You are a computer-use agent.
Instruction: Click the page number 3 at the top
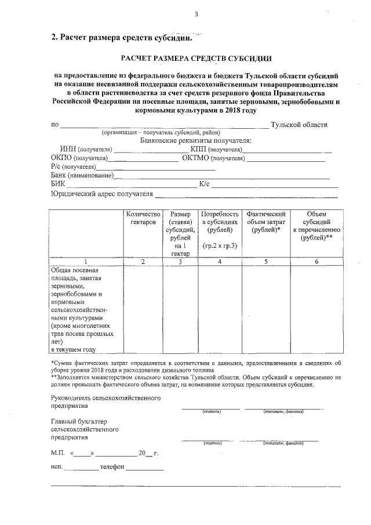(197, 14)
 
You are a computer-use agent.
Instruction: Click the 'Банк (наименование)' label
(82, 176)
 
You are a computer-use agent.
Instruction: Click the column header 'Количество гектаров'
(143, 218)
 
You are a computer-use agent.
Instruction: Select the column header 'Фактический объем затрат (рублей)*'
(267, 222)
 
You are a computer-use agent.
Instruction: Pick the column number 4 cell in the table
(220, 262)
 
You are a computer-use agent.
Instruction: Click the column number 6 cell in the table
(317, 262)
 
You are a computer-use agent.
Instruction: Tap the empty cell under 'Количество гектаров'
(143, 310)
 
